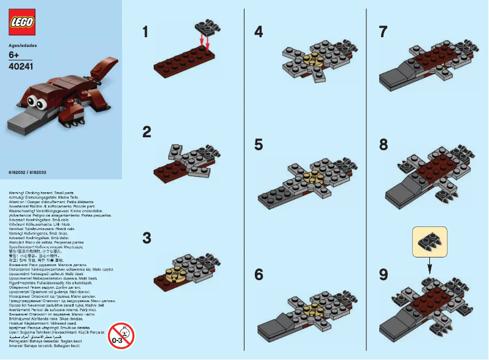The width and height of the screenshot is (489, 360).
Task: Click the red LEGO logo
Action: coord(22,23)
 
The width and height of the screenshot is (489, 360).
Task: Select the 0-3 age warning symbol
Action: coord(121,335)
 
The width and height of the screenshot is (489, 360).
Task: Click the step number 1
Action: coord(145,32)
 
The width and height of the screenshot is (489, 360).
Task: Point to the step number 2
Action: coord(146,131)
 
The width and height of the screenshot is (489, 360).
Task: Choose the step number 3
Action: coord(146,237)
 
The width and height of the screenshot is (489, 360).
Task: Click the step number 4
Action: coord(259,32)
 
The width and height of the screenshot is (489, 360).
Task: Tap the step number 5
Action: coord(259,145)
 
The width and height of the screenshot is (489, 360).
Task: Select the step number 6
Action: coord(259,275)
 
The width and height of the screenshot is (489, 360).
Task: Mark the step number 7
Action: coord(383,32)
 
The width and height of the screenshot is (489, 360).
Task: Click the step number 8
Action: coord(383,145)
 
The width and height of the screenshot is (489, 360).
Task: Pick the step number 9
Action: coord(383,275)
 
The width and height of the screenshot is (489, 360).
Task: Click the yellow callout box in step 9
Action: coord(430,242)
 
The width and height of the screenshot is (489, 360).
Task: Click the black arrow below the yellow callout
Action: coord(430,266)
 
